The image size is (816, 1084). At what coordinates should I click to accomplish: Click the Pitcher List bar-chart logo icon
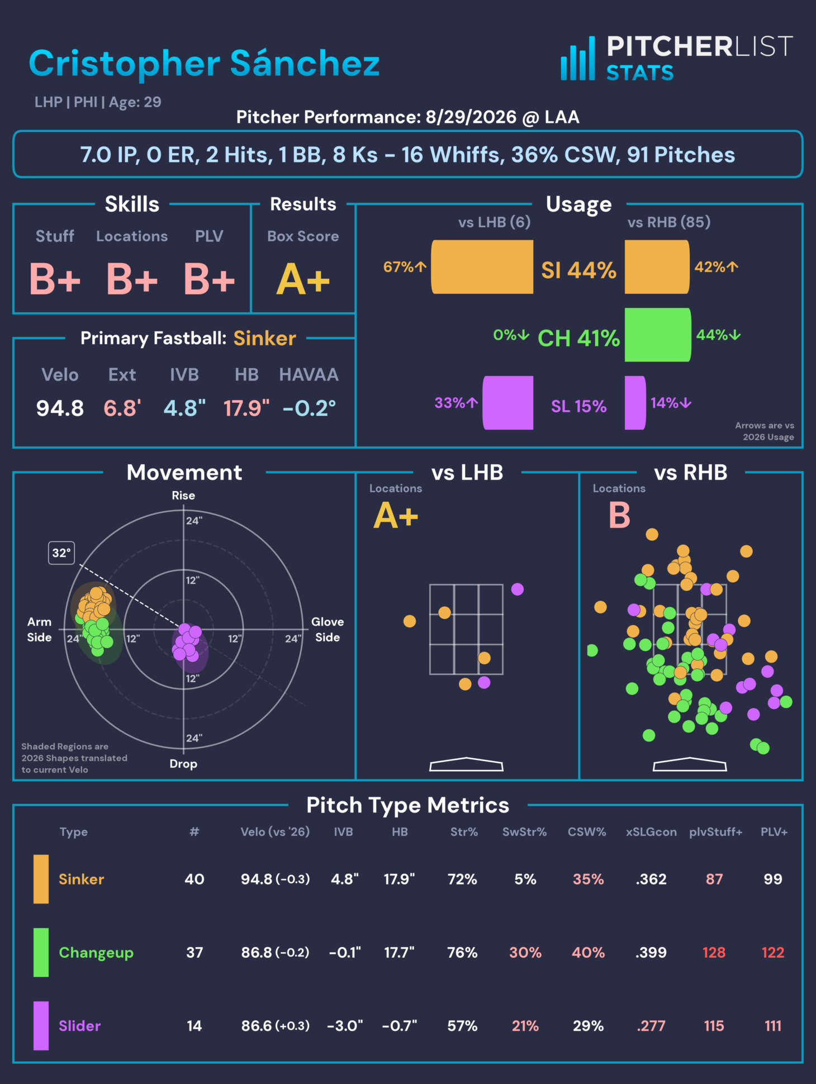coord(578,59)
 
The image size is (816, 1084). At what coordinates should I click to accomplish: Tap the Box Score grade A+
coord(303,279)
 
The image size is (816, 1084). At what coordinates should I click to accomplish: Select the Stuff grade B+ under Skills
coord(55,279)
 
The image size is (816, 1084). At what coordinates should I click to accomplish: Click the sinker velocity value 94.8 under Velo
coord(60,408)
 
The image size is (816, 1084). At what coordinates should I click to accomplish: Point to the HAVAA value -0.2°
coord(309,408)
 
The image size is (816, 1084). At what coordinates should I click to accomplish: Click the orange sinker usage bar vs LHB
coord(482,267)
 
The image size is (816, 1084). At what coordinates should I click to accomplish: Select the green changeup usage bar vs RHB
coord(658,335)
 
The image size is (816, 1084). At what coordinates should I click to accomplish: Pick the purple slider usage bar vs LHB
coord(508,403)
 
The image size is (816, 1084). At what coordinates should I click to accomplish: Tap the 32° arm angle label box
coord(61,553)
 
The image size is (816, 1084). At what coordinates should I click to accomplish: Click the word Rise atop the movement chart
coord(183,496)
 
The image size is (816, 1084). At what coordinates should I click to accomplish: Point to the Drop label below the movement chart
coord(183,764)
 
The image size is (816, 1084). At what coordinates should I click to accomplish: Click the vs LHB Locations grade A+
coord(396,515)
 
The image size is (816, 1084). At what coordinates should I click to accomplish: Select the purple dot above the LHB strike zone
coord(518,589)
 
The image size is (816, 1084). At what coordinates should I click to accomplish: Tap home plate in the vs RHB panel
coord(690,764)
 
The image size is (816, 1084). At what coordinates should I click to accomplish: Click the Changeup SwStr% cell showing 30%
coord(525,953)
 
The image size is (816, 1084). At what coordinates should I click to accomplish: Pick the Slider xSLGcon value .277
coord(651,1026)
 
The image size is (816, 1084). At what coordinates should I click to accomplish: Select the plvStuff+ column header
coord(715,832)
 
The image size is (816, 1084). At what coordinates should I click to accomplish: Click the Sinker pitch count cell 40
coord(194,879)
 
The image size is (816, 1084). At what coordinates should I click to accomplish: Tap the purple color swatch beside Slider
coord(41,1026)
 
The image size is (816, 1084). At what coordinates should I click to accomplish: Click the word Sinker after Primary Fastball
coord(265,339)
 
